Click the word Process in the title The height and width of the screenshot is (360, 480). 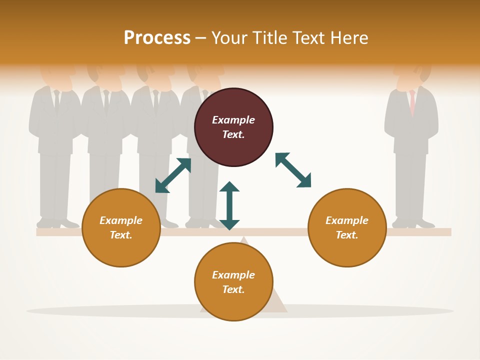point(157,38)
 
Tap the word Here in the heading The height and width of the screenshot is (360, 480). point(347,38)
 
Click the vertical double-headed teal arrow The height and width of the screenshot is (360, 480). point(229,205)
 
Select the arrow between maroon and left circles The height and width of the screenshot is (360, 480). point(173,175)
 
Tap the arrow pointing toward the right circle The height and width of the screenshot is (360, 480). point(293,170)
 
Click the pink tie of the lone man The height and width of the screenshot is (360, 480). point(412,102)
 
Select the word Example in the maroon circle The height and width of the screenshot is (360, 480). point(233,120)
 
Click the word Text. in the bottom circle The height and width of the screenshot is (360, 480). point(233,289)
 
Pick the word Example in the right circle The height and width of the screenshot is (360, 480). point(347,220)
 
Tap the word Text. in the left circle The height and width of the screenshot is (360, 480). point(121,235)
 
